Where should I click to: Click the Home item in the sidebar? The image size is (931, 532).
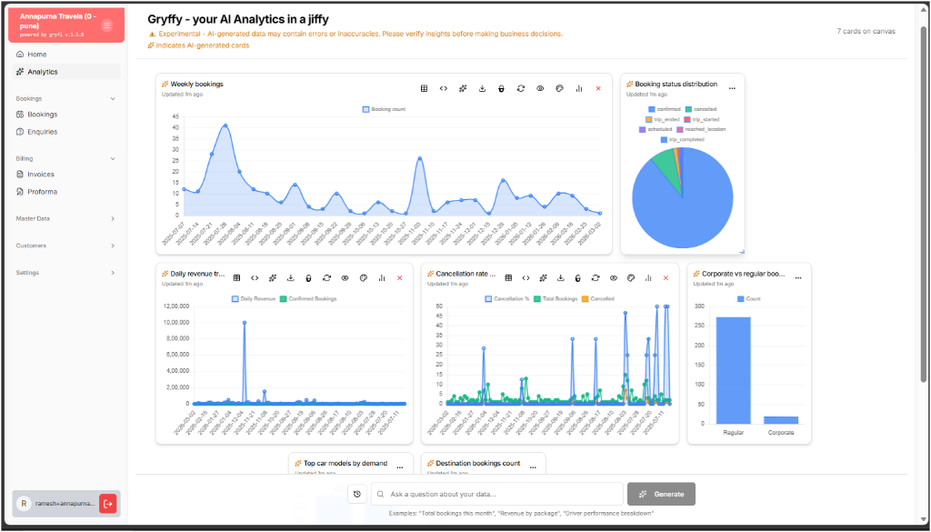[x=36, y=55]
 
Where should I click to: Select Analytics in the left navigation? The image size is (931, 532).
[x=42, y=72]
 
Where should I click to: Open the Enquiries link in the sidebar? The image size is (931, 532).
[x=42, y=132]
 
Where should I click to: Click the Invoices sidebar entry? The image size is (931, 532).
[x=40, y=175]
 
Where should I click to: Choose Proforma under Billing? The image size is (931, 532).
[x=42, y=192]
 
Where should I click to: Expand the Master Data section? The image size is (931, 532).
[x=64, y=218]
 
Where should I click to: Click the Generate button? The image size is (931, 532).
[x=661, y=494]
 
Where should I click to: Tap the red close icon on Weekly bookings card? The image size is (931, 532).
[x=598, y=88]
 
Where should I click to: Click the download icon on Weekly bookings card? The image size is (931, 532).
[x=482, y=88]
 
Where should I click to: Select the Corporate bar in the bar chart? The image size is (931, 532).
[x=780, y=419]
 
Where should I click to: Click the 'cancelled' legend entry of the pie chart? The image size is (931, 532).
[x=701, y=109]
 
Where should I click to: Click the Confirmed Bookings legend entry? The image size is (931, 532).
[x=309, y=298]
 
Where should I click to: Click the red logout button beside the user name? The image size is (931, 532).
[x=108, y=503]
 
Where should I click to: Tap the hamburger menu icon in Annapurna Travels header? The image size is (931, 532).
[x=106, y=25]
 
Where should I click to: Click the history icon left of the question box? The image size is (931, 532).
[x=357, y=494]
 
